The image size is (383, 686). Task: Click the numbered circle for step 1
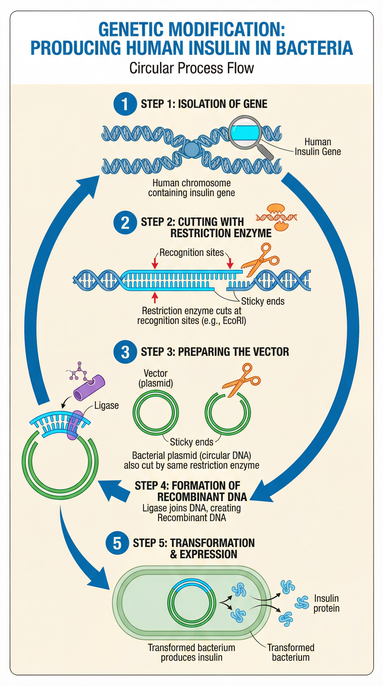pos(125,104)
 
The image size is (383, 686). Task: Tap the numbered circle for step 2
pos(125,222)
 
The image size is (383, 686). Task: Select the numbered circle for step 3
pos(125,352)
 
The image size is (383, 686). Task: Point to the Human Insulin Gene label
pos(317,147)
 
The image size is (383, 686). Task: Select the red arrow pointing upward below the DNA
pos(155,297)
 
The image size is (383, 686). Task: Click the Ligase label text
pos(106,405)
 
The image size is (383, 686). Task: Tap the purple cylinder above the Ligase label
pos(89,387)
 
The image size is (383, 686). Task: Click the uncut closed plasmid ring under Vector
pos(155,413)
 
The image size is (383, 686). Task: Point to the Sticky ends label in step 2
pos(263,301)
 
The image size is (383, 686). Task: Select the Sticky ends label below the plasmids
pos(191,442)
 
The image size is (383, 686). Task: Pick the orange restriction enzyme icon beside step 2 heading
pos(277,217)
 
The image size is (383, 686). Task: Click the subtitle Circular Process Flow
pos(191,68)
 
